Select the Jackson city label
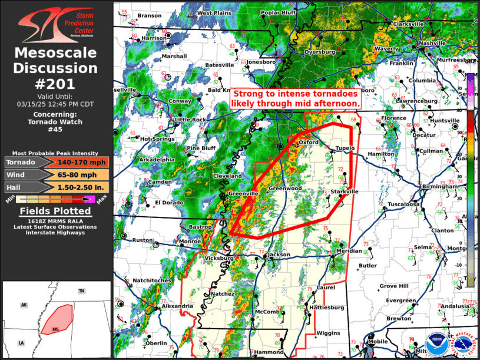point(278,255)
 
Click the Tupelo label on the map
point(345,148)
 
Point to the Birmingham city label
point(439,186)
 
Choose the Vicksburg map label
point(219,258)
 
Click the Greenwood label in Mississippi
point(285,189)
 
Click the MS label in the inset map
point(56,328)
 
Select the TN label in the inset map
point(81,291)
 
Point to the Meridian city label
point(349,251)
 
